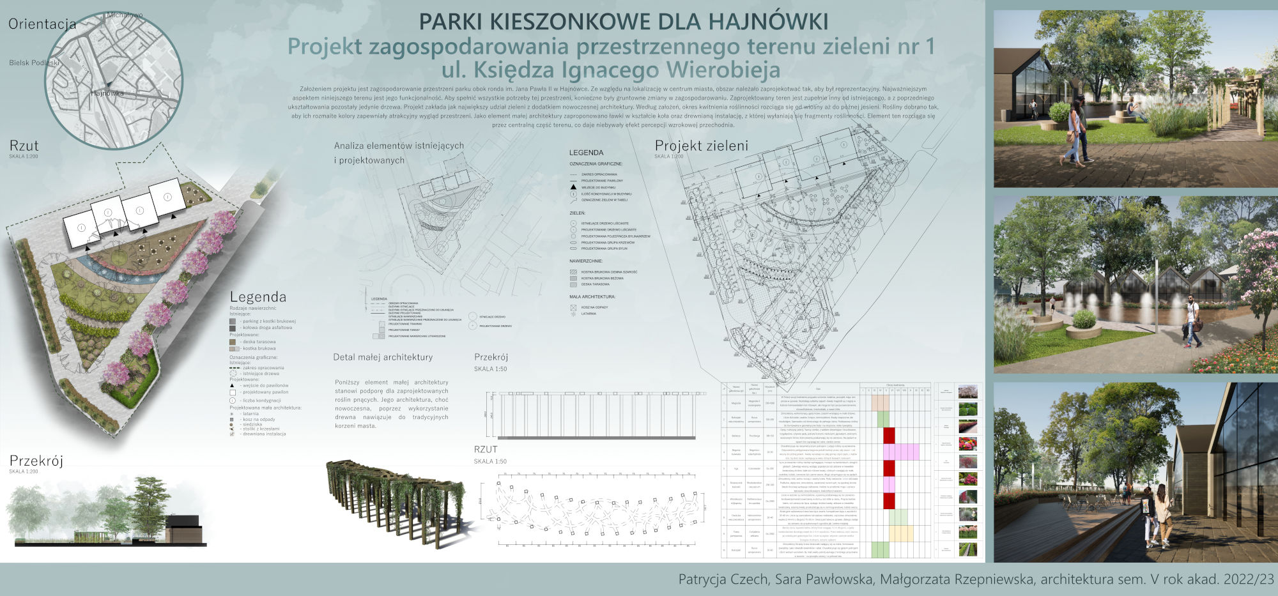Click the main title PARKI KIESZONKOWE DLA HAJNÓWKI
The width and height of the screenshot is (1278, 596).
click(623, 22)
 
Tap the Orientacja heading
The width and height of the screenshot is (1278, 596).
click(42, 24)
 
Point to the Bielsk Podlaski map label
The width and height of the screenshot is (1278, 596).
click(34, 63)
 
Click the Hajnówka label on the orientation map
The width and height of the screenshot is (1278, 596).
click(107, 93)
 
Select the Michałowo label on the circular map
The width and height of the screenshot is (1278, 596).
click(125, 15)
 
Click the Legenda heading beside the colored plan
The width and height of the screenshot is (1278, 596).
click(258, 297)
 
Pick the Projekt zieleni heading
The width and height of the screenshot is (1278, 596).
click(701, 146)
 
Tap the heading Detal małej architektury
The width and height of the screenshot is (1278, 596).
click(383, 357)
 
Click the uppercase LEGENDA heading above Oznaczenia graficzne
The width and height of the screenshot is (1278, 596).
click(586, 153)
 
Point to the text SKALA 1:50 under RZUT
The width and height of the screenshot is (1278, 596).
click(491, 461)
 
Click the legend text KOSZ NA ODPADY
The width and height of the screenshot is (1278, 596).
click(594, 307)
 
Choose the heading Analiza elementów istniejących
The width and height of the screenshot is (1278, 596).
click(399, 146)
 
